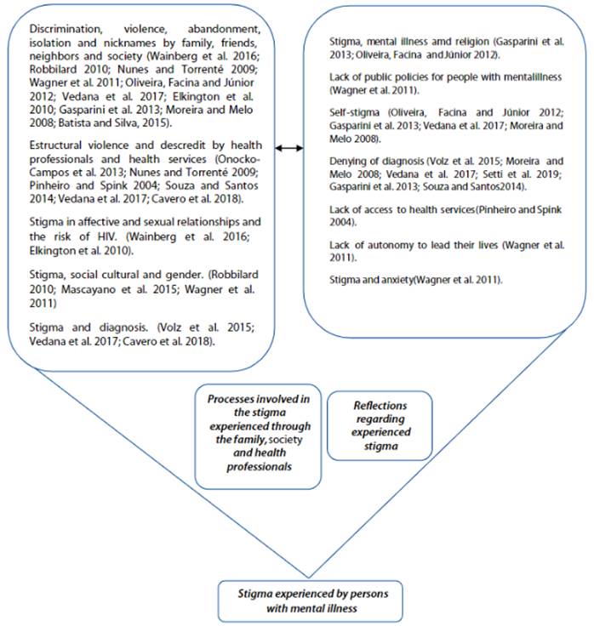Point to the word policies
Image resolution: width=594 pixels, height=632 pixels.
[x=408, y=77]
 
